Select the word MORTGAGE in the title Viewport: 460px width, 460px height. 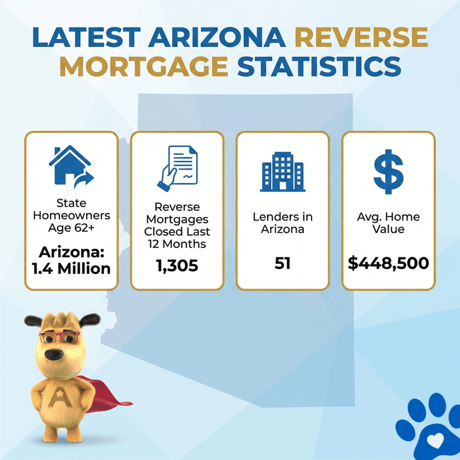144,66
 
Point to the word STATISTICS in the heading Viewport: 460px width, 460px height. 319,66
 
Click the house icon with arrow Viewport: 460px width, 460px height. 71,167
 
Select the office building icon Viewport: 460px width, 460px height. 283,172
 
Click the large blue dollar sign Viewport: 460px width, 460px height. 389,172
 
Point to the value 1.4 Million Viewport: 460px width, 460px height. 71,269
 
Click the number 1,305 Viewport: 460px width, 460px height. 177,266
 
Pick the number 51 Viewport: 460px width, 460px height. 283,263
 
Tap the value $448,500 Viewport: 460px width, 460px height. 389,263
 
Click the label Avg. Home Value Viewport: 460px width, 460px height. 389,223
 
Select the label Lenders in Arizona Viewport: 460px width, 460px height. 283,223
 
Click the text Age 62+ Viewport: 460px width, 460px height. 71,228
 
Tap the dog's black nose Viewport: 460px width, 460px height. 54,354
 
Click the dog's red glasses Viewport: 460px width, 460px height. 59,337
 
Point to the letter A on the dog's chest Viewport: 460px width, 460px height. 60,396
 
